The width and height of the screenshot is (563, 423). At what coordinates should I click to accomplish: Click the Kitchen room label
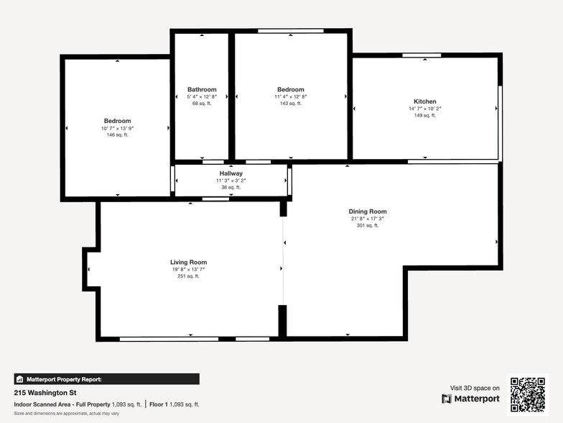coord(424,101)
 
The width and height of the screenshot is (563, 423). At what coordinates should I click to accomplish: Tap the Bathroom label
coord(202,90)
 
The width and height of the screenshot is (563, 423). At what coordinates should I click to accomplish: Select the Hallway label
coord(231,173)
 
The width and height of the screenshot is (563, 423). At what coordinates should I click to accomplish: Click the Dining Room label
coord(368,211)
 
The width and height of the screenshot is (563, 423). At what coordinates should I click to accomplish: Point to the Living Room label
coord(188,263)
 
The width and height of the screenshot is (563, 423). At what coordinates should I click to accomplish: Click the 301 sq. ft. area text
coord(368,225)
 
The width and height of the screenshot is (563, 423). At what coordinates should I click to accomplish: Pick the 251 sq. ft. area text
coord(188,276)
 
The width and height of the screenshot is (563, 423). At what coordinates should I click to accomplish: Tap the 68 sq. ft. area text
coord(202,104)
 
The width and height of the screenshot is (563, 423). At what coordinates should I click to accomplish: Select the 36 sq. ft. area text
coord(231,187)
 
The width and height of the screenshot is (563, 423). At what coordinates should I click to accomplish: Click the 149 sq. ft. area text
coord(424,115)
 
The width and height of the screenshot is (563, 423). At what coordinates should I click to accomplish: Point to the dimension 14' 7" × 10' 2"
coord(424,109)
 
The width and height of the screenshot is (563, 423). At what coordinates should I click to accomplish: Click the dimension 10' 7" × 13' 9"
coord(118,128)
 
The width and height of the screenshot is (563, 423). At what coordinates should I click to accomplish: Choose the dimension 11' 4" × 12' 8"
coord(290,96)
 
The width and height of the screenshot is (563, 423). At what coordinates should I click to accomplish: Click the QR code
coord(528,394)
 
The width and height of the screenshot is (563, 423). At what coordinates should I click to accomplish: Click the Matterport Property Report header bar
coord(106,379)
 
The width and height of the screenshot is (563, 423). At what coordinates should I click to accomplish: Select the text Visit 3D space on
coord(475,388)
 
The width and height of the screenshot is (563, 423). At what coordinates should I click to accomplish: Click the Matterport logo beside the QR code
coord(470,399)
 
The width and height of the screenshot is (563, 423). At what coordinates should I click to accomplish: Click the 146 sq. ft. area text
coord(118,135)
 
